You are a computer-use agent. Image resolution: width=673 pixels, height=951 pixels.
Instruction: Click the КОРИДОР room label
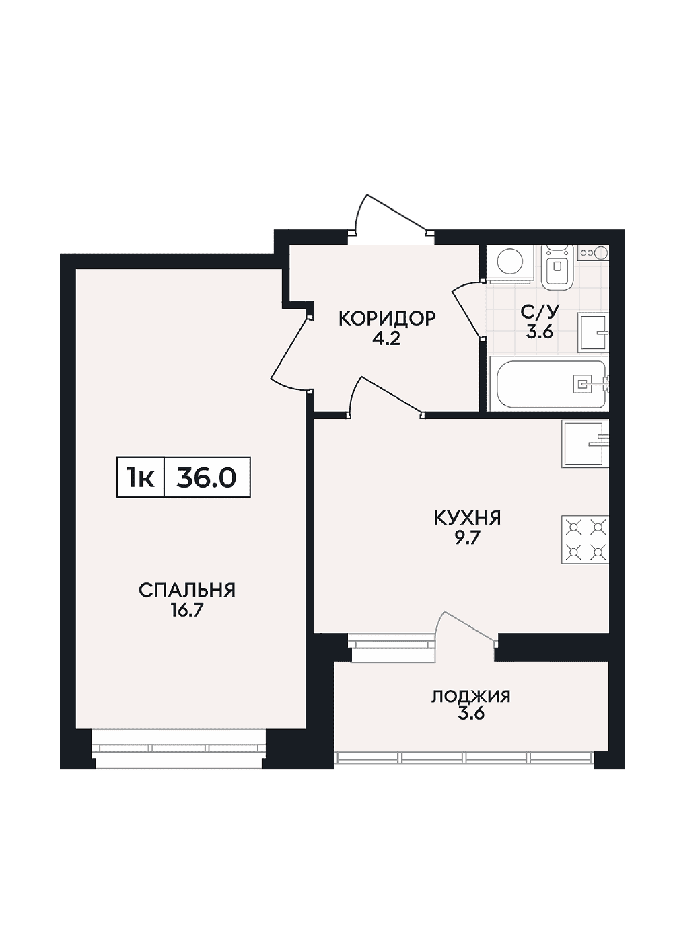click(386, 319)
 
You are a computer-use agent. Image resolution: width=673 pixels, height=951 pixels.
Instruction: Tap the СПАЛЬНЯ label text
click(187, 591)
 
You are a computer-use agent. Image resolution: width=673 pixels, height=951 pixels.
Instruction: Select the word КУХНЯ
click(467, 519)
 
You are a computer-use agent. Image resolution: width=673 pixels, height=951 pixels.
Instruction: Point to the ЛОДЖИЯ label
click(470, 697)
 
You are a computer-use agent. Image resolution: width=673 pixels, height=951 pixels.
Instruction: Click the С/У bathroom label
click(540, 313)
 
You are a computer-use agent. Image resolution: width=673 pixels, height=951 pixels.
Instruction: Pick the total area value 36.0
click(207, 478)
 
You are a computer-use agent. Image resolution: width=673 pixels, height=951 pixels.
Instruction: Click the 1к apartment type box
click(141, 477)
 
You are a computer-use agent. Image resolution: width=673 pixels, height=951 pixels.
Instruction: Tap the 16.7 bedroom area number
click(187, 611)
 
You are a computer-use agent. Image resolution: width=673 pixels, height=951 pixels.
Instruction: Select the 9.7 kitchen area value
click(467, 538)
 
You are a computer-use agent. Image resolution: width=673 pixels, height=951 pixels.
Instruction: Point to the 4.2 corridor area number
click(386, 339)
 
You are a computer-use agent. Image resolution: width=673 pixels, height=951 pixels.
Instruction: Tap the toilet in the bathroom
click(557, 268)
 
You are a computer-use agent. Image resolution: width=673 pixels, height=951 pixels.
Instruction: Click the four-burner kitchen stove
click(585, 539)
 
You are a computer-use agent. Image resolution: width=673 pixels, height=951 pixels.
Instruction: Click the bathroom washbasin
click(593, 333)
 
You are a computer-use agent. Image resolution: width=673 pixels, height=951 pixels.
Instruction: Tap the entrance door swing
click(391, 215)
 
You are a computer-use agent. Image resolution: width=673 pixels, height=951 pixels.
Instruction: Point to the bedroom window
click(178, 749)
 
